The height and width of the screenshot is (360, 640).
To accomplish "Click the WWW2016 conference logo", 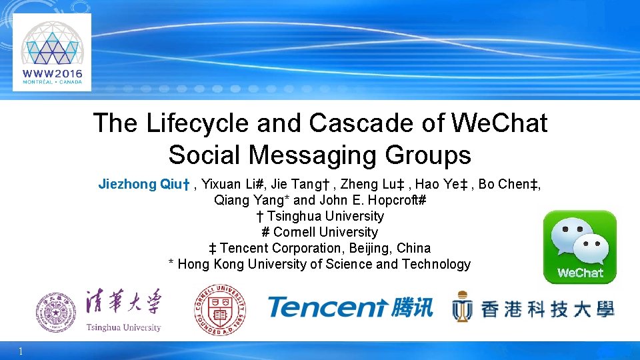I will click(x=52, y=52).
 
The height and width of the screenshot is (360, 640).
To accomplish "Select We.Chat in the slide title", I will click(x=499, y=123).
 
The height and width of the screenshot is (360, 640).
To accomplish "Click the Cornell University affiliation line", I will click(x=320, y=232).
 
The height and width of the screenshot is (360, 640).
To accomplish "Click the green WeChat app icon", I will click(x=579, y=246).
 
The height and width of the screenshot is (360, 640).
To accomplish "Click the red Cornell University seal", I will click(x=219, y=309).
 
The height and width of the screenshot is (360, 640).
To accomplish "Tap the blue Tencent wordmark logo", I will click(x=327, y=307).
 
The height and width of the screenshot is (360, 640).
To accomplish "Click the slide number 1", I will click(x=21, y=351).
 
